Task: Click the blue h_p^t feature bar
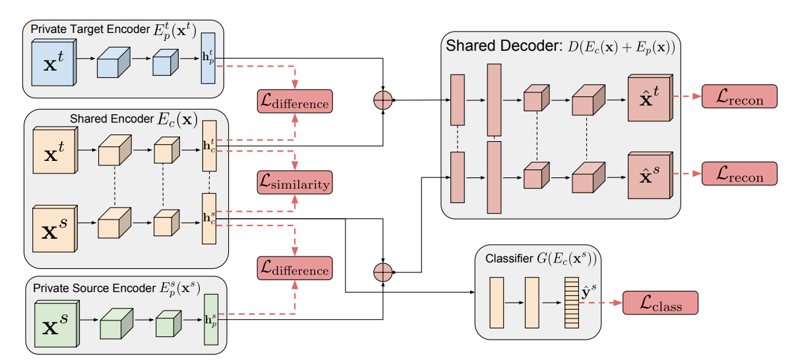click(x=209, y=58)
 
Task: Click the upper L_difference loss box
click(x=293, y=102)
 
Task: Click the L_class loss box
click(x=660, y=303)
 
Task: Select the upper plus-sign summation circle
click(x=383, y=100)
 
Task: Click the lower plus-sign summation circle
click(x=383, y=270)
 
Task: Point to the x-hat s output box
click(x=649, y=176)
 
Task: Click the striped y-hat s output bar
click(x=570, y=303)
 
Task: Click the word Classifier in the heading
click(x=509, y=257)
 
